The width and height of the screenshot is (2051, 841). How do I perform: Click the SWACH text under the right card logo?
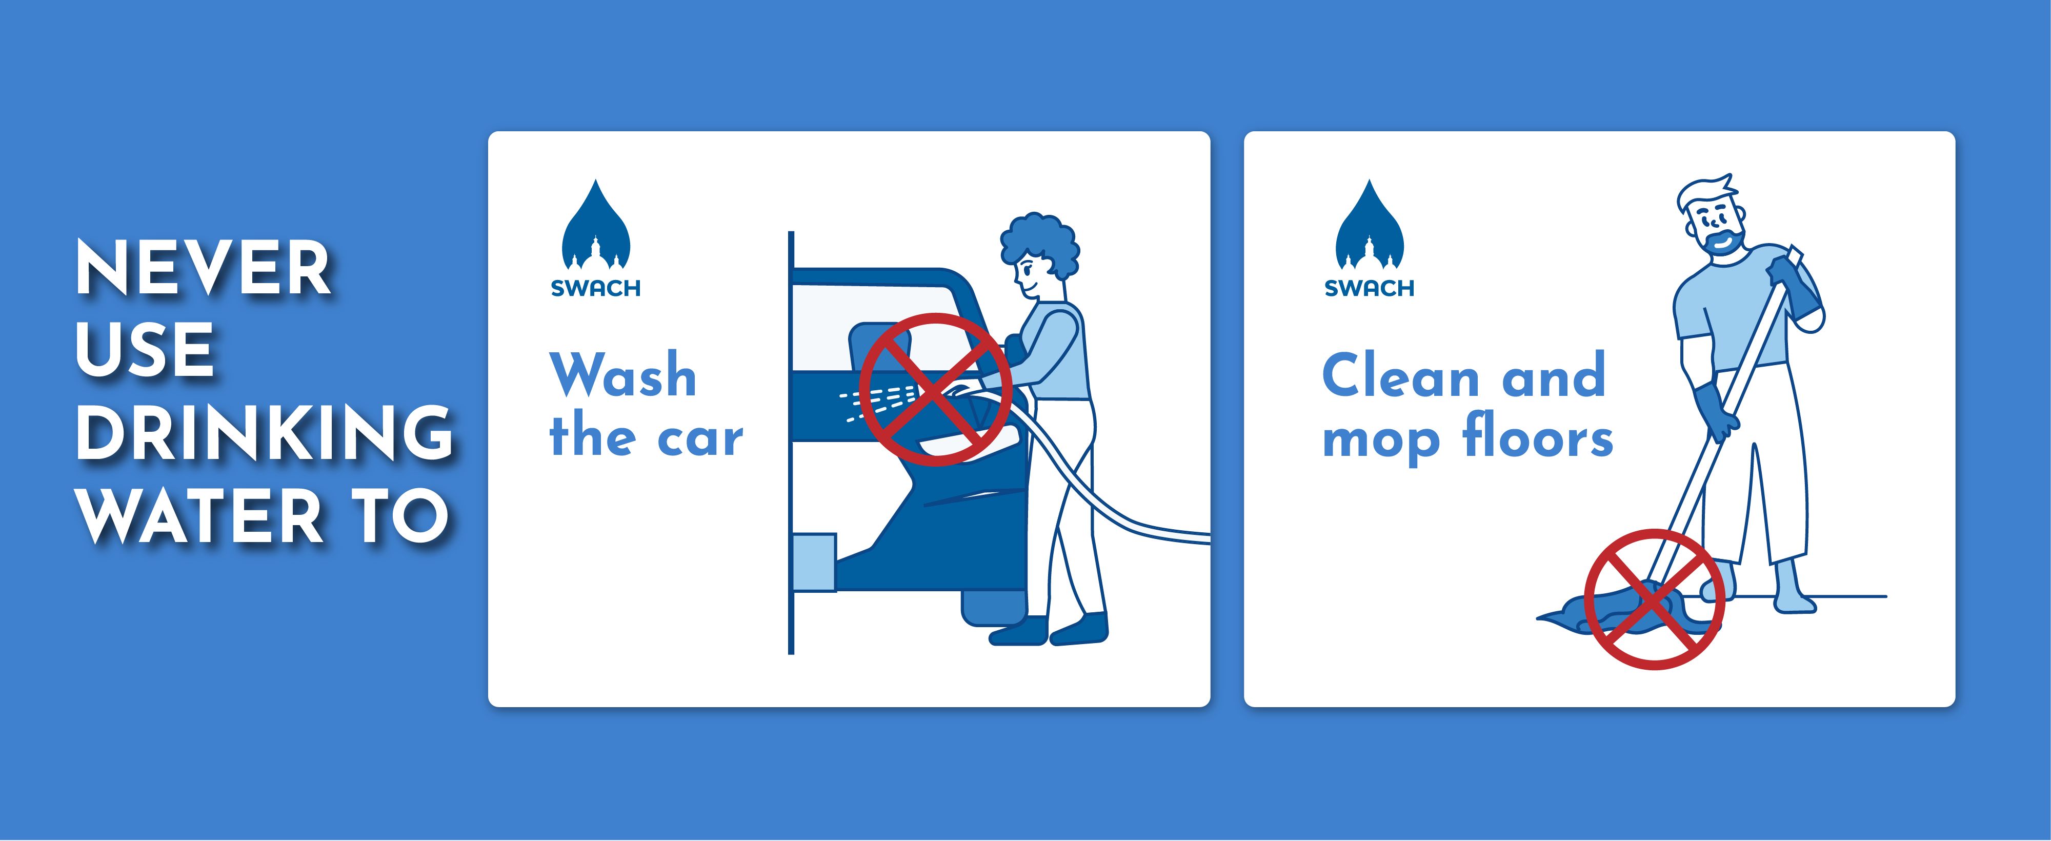1370,288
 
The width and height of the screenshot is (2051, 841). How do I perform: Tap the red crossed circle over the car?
936,389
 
